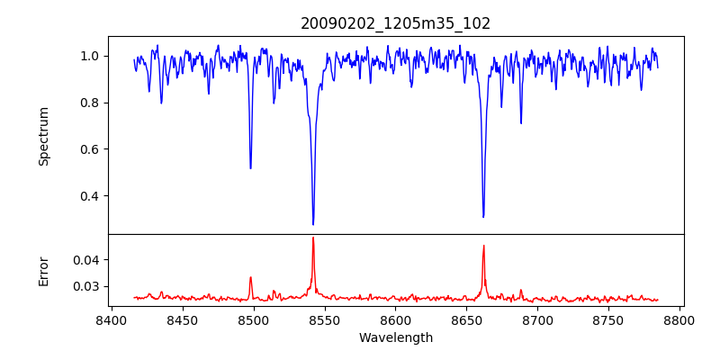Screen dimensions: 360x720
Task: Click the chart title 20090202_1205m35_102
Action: [x=396, y=23]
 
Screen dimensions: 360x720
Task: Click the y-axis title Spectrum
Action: [x=43, y=136]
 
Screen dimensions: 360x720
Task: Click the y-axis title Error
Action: [x=43, y=270]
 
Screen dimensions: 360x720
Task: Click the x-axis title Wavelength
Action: [x=396, y=337]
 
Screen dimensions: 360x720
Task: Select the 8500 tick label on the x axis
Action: [x=253, y=319]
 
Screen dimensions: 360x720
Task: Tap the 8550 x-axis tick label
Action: [x=324, y=319]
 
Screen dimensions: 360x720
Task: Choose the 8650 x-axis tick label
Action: [x=466, y=319]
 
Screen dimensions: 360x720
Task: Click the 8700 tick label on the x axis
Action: [x=537, y=319]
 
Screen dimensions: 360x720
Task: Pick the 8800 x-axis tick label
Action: [x=679, y=319]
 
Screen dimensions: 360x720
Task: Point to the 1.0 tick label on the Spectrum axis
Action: [x=91, y=56]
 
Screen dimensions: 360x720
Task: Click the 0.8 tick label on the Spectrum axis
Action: [x=91, y=103]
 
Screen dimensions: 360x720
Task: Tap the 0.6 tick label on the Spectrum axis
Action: [x=91, y=149]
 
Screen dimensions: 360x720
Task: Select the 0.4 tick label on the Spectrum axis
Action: [x=91, y=196]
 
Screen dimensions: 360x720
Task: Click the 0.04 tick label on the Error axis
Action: [x=87, y=260]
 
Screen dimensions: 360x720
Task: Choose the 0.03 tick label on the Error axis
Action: [x=87, y=286]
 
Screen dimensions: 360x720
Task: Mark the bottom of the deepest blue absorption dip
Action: [x=313, y=224]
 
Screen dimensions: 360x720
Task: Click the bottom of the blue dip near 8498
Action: [x=250, y=168]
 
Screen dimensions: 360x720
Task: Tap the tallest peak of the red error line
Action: [x=313, y=238]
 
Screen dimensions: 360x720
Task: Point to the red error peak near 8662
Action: [x=483, y=245]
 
